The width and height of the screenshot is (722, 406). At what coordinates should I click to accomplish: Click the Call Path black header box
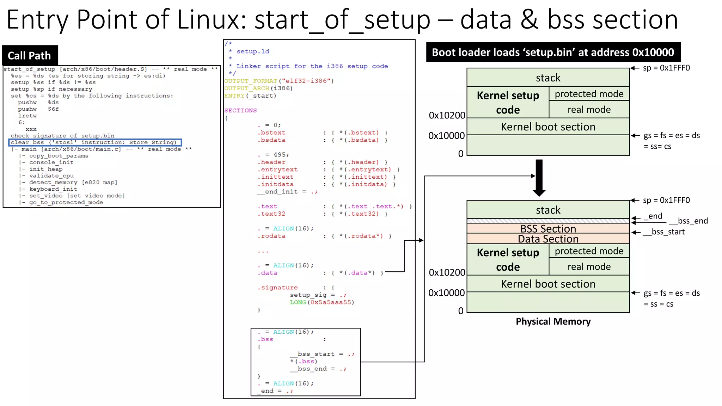30,55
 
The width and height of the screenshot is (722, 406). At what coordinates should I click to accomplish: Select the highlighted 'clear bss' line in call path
94,142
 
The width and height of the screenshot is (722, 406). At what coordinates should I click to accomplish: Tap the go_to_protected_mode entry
66,202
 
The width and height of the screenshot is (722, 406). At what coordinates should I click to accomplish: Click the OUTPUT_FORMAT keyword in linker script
251,81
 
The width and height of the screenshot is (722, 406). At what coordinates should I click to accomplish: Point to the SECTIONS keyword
240,110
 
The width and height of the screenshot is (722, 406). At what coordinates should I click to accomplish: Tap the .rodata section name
271,236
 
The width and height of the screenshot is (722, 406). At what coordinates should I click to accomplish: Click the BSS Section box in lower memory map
548,228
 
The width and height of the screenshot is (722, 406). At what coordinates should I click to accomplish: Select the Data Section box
548,239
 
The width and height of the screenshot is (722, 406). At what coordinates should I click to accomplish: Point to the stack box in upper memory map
548,78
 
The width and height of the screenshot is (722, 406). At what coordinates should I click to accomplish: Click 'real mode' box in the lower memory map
589,267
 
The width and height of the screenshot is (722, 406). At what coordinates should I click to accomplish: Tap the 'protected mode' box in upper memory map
589,94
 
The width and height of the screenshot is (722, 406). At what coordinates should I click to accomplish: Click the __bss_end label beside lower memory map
688,221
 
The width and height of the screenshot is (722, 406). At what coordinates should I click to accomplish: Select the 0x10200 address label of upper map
447,115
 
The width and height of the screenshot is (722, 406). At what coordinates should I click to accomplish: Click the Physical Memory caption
553,321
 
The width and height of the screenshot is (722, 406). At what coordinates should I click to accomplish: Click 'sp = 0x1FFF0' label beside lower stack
666,200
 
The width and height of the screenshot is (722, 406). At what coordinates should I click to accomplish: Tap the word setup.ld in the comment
253,51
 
